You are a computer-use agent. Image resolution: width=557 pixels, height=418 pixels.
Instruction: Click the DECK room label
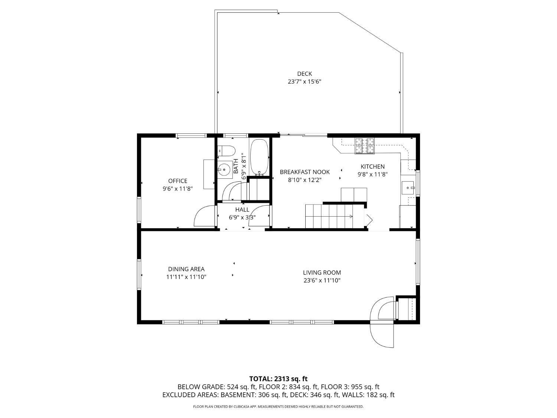[304, 74]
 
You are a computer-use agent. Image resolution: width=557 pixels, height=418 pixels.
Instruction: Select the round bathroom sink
[224, 169]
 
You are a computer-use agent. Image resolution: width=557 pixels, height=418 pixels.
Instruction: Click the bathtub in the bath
[259, 157]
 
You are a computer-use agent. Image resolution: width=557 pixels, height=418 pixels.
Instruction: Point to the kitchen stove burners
[365, 146]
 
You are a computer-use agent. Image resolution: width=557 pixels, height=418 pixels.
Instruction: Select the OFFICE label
[177, 181]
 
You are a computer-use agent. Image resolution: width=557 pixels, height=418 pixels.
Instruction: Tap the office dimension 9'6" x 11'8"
[177, 189]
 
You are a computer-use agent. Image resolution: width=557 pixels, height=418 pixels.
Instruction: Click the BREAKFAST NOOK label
[304, 172]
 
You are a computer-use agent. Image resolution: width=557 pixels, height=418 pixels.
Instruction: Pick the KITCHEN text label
[372, 166]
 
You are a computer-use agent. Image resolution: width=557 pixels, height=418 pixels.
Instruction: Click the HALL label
[242, 210]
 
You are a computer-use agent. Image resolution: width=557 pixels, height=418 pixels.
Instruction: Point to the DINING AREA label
[186, 269]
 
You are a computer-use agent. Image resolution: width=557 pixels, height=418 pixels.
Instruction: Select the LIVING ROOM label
[322, 272]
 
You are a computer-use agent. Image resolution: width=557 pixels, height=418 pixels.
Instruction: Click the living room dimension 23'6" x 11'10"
[322, 281]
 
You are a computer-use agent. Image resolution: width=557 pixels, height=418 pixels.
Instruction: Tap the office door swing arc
[202, 216]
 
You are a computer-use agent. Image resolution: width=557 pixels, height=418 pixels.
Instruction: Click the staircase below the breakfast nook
[329, 216]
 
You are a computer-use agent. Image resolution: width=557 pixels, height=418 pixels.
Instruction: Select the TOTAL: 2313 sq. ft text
[278, 379]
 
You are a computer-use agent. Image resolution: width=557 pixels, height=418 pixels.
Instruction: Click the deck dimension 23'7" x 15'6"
[304, 82]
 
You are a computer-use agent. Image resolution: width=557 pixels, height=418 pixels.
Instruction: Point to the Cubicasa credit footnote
[278, 406]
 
